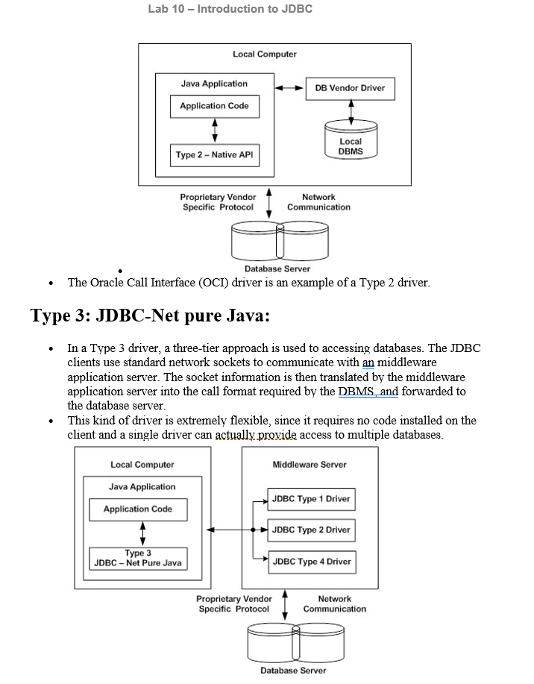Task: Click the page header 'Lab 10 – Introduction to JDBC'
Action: pyautogui.click(x=230, y=9)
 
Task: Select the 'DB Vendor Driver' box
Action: pyautogui.click(x=350, y=88)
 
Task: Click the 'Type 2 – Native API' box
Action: pyautogui.click(x=215, y=155)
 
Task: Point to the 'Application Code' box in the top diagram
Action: pyautogui.click(x=215, y=106)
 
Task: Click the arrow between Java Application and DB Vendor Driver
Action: pyautogui.click(x=289, y=88)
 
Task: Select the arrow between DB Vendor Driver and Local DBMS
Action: pyautogui.click(x=350, y=110)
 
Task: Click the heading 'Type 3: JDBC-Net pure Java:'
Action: pyautogui.click(x=150, y=316)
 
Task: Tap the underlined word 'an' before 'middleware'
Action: pyautogui.click(x=367, y=363)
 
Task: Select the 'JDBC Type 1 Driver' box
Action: pyautogui.click(x=311, y=499)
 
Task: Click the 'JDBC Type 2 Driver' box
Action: pyautogui.click(x=311, y=530)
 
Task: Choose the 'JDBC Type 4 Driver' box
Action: pyautogui.click(x=311, y=562)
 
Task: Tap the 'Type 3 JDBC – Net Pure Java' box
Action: pyautogui.click(x=137, y=558)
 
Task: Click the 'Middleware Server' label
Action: pyautogui.click(x=310, y=465)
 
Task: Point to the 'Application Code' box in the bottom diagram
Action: pyautogui.click(x=138, y=509)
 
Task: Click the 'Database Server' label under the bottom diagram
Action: pyautogui.click(x=293, y=671)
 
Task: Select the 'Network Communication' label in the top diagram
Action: pyautogui.click(x=318, y=202)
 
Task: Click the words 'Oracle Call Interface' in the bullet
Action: pyautogui.click(x=143, y=283)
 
